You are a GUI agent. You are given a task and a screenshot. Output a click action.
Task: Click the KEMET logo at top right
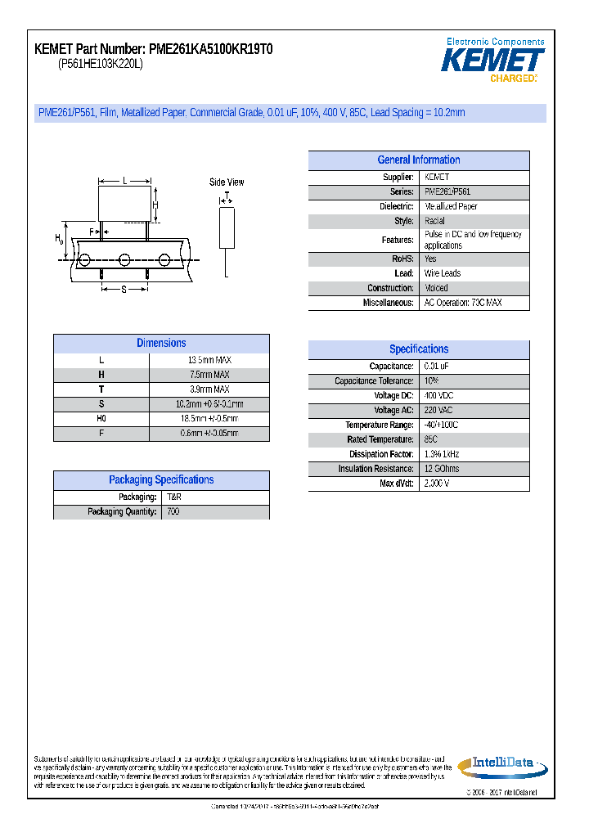[x=492, y=61]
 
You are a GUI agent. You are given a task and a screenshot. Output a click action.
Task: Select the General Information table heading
[x=418, y=160]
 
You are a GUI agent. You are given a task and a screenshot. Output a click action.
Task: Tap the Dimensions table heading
[x=161, y=344]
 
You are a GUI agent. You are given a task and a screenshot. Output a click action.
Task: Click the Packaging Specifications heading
[x=161, y=480]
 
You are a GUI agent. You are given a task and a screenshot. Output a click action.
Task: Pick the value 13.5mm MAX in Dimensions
[x=209, y=360]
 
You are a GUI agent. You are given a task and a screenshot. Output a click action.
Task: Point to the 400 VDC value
[x=439, y=396]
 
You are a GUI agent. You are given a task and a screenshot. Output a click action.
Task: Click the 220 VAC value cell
[x=439, y=411]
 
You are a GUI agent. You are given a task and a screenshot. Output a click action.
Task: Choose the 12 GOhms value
[x=442, y=469]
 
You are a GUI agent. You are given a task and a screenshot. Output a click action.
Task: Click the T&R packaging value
[x=174, y=497]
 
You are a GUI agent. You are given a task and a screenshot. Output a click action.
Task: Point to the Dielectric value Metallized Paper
[x=451, y=207]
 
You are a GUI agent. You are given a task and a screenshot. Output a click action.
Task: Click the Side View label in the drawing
[x=227, y=182]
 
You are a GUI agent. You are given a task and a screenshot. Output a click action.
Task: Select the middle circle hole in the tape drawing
[x=124, y=260]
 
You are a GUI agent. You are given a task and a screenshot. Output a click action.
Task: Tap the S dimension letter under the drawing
[x=124, y=289]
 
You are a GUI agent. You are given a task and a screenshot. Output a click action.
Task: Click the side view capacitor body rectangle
[x=227, y=227]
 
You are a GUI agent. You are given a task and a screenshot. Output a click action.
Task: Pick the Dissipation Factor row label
[x=380, y=454]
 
